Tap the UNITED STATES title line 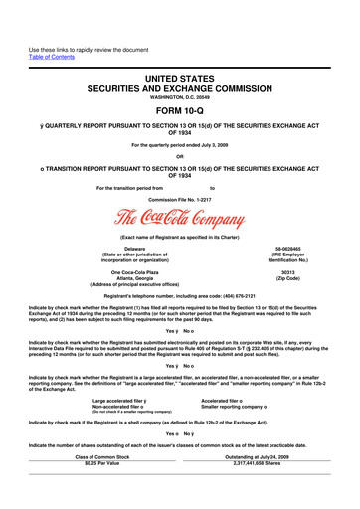pyautogui.click(x=180, y=63)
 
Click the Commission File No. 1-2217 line pyautogui.click(x=180, y=199)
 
